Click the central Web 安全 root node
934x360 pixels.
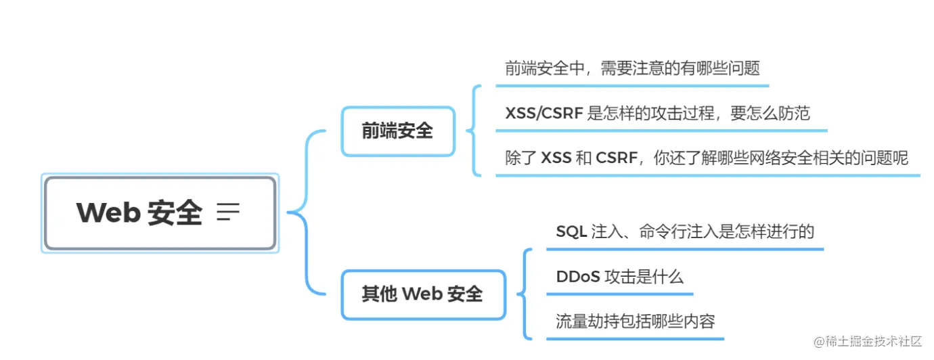coord(160,212)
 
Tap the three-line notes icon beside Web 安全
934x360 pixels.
coord(228,212)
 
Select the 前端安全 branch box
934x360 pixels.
coord(397,131)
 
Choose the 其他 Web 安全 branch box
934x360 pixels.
coord(422,294)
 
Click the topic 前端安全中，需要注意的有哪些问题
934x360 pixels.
coord(632,68)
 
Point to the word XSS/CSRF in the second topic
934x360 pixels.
coord(543,113)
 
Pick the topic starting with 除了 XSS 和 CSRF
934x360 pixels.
coord(707,158)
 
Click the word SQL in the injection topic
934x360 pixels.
coord(571,231)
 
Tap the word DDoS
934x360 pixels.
coord(577,276)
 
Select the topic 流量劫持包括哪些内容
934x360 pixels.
coord(635,321)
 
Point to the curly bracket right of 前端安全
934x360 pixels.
coord(474,131)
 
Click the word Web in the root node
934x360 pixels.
coord(108,212)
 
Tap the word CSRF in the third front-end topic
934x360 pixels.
coord(617,158)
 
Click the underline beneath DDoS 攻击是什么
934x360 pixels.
coord(619,294)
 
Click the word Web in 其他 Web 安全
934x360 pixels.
coord(422,294)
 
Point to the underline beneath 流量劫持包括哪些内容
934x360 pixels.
coord(635,338)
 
